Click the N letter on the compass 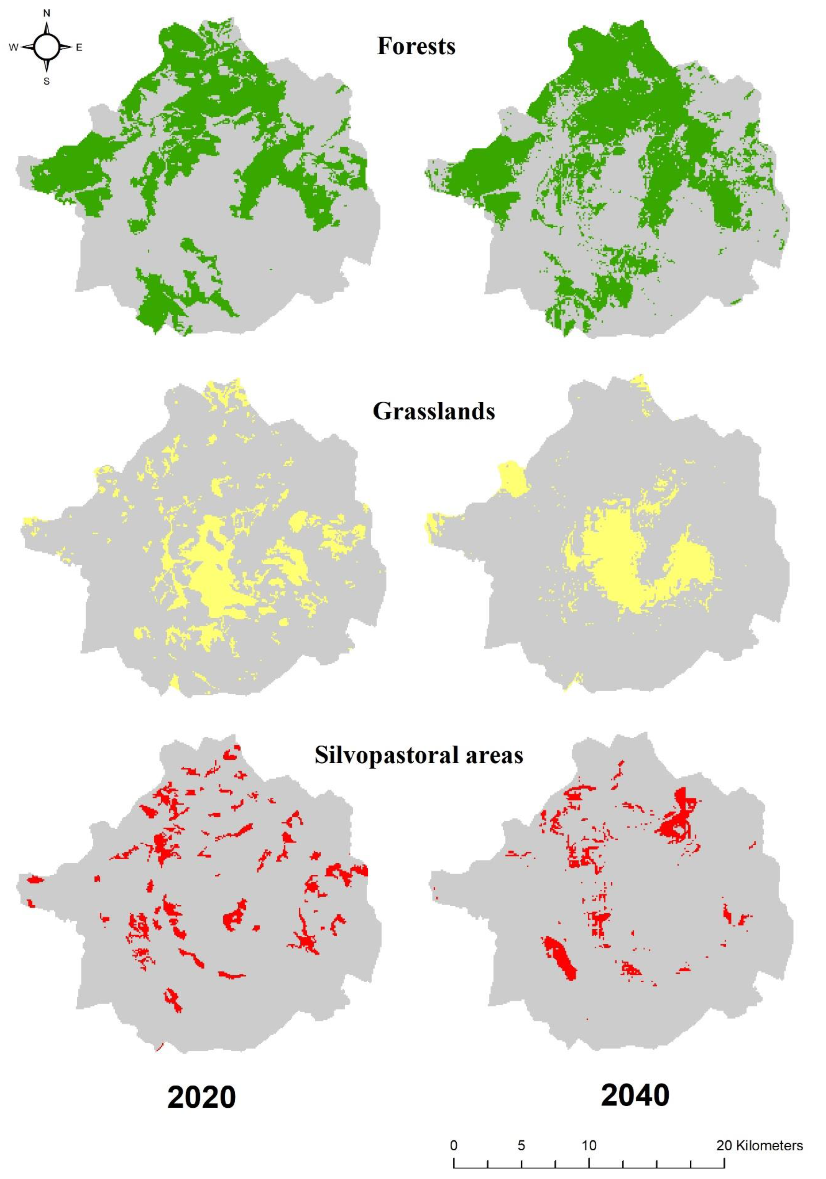47,14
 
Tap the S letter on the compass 47,81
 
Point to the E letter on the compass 79,48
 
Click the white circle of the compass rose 47,47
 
